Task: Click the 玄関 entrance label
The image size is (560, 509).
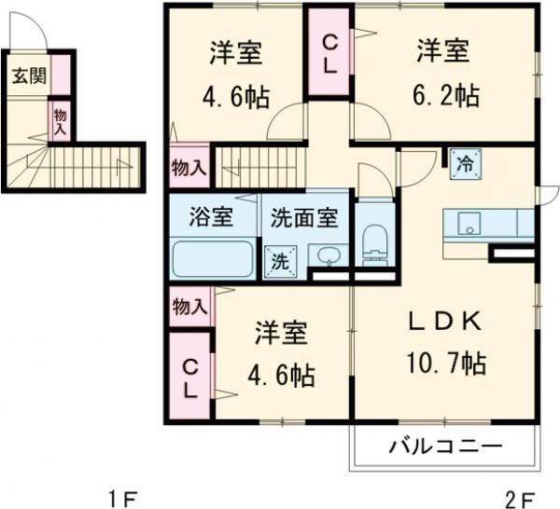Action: [25, 75]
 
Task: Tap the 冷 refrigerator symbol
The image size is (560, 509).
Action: [465, 164]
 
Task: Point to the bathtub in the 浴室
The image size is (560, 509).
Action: [213, 258]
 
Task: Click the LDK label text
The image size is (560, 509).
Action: [444, 323]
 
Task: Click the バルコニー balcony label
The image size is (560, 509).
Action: [445, 447]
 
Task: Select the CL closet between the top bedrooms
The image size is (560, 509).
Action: [330, 52]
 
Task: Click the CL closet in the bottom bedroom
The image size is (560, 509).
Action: [190, 376]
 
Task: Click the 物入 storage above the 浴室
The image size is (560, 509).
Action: [189, 169]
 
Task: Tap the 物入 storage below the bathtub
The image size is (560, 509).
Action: [189, 307]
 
